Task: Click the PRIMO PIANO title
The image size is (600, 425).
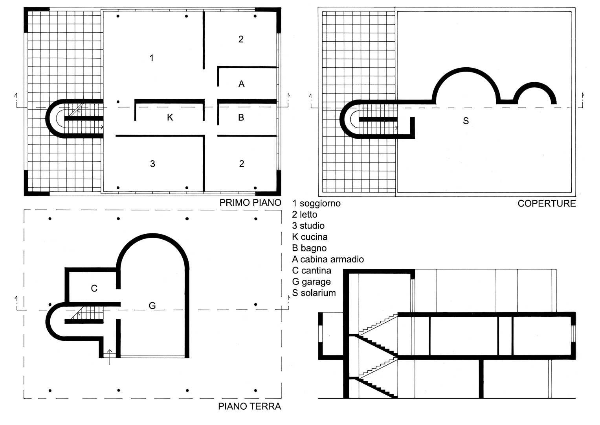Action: (x=250, y=203)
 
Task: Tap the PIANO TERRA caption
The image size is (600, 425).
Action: (x=250, y=406)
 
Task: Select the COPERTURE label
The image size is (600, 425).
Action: (x=547, y=203)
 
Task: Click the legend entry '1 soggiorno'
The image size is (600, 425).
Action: (x=316, y=203)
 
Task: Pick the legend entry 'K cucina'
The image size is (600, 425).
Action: (x=310, y=237)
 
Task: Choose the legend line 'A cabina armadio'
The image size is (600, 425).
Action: (x=328, y=259)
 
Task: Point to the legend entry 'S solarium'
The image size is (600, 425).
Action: (x=314, y=293)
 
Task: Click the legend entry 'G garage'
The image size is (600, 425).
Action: (x=311, y=282)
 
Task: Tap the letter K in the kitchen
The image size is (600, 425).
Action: (x=170, y=117)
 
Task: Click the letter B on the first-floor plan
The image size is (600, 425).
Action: (x=241, y=117)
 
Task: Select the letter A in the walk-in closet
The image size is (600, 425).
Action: (x=241, y=84)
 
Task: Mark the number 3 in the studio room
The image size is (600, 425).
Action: (x=152, y=164)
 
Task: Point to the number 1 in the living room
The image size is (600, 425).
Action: (x=152, y=58)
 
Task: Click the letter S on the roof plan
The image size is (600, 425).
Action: (x=466, y=121)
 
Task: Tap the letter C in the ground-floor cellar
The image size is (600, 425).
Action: (x=94, y=288)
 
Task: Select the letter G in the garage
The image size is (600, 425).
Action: (x=152, y=305)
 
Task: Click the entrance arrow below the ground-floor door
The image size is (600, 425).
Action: (x=110, y=357)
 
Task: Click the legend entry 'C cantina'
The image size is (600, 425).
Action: (x=312, y=270)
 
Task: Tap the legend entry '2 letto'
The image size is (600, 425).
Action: (x=305, y=214)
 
